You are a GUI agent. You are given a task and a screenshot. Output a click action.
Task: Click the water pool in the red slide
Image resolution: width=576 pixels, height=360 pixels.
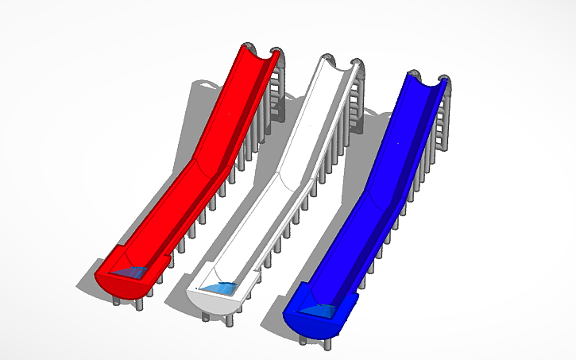[x=130, y=273]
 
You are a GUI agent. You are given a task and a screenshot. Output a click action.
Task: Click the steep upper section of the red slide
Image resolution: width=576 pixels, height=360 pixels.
[x=230, y=103]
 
